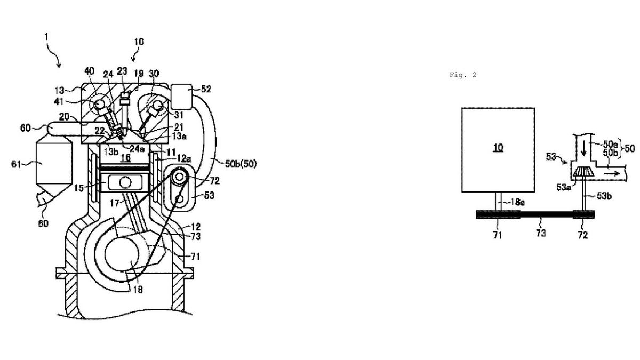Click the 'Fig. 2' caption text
click(x=463, y=75)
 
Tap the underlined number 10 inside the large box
click(x=498, y=147)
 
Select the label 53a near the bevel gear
click(x=563, y=187)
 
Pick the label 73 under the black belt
click(x=541, y=233)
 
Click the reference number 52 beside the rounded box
click(x=206, y=89)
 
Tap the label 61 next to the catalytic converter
click(x=16, y=164)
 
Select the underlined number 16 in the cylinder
click(x=125, y=158)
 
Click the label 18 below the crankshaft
click(x=138, y=290)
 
